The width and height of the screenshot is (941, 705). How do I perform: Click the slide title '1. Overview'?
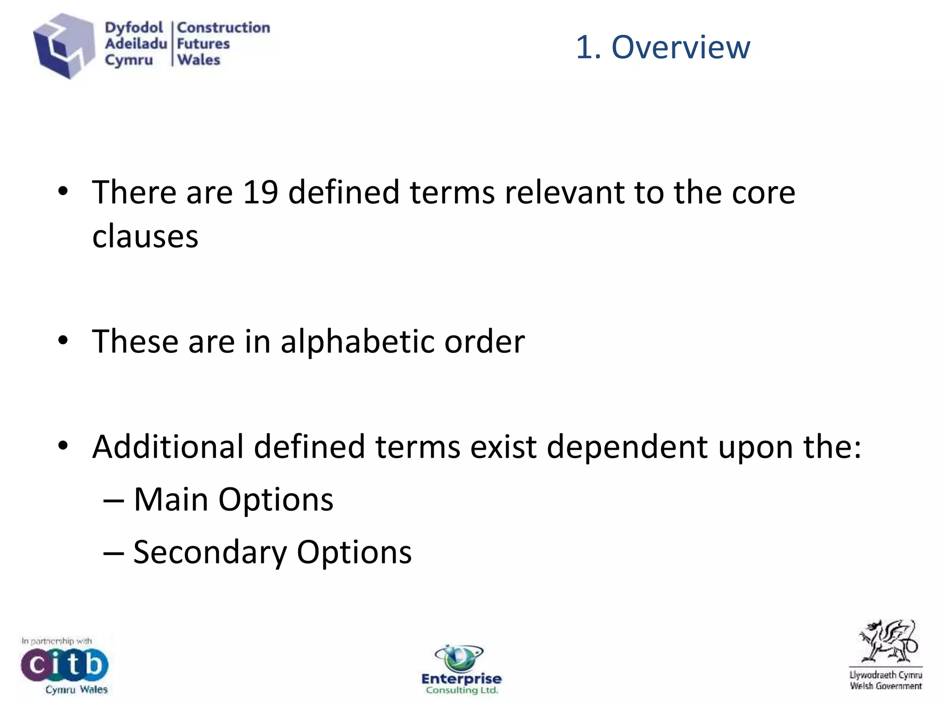(663, 47)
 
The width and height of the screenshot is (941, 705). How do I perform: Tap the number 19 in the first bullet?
(260, 192)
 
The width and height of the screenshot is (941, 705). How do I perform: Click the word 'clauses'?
(145, 236)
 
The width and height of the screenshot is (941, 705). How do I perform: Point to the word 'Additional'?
(168, 447)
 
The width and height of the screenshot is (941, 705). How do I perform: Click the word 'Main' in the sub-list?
(170, 499)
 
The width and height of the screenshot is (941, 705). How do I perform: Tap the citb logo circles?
(64, 665)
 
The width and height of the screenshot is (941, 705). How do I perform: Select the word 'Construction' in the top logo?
(224, 28)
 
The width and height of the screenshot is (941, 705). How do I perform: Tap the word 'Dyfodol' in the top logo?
(134, 28)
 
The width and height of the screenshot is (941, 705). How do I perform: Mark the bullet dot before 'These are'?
(63, 341)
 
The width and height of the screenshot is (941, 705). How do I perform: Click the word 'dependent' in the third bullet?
(627, 447)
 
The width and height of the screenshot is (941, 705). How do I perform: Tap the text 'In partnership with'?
(57, 641)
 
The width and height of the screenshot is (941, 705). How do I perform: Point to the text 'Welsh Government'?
(885, 686)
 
